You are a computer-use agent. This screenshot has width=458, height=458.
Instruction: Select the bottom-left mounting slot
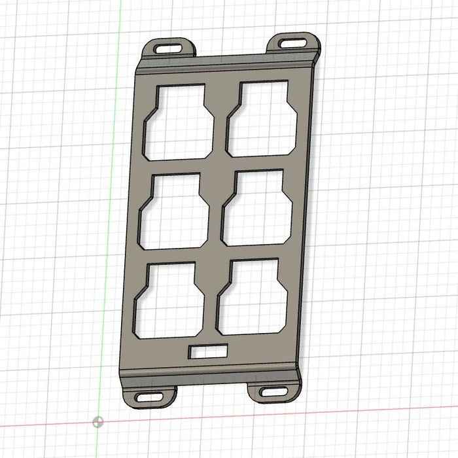[149, 396]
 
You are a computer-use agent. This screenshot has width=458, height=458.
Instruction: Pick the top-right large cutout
[261, 120]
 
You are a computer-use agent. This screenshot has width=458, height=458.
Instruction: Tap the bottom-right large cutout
[251, 298]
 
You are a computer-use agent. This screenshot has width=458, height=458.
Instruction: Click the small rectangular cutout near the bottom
[208, 351]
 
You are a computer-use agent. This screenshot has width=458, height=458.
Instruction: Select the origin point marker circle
[98, 422]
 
